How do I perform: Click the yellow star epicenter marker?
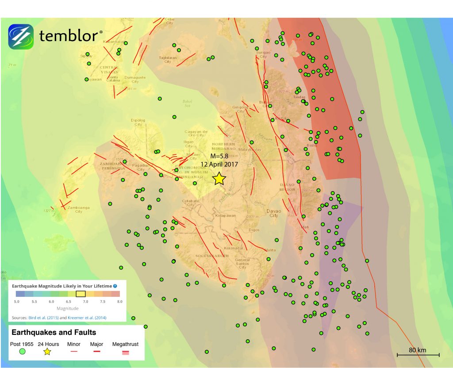(219, 178)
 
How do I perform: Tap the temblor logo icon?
(21, 37)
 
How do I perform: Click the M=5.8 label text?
(219, 156)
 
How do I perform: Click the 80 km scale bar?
(418, 354)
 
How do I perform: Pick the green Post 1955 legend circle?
(22, 352)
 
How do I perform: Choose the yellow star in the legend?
(47, 352)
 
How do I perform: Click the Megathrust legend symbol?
(126, 352)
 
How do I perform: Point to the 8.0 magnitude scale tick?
(119, 301)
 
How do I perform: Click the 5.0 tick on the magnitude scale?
(16, 301)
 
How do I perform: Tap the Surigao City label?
(263, 54)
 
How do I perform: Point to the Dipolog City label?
(138, 122)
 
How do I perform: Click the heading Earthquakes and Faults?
(54, 332)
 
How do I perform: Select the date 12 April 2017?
(219, 164)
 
